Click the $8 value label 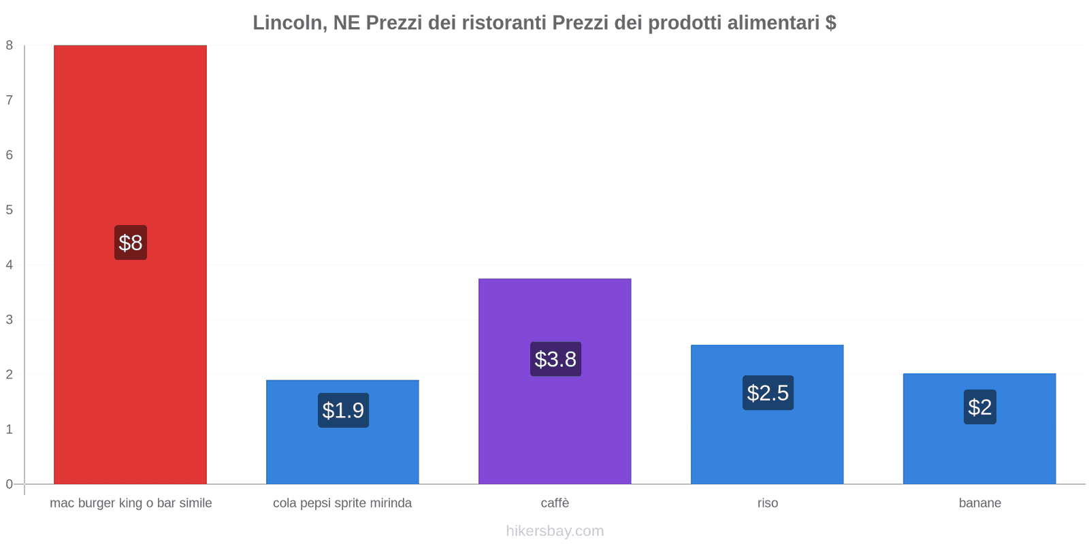131,243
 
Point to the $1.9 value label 343,410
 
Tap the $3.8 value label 555,359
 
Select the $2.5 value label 768,392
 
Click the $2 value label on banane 979,407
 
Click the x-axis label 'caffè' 555,503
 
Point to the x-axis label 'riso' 767,503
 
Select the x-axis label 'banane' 979,503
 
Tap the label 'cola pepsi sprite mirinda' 342,503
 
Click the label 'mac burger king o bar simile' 131,503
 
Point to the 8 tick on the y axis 10,46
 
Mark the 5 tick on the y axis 10,210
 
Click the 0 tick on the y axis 10,484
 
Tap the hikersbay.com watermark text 555,531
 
